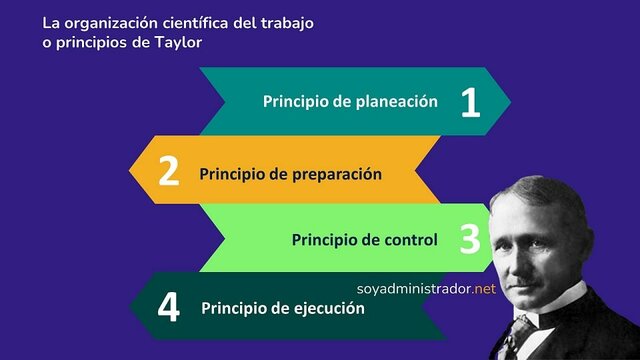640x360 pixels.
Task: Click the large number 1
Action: coord(470,103)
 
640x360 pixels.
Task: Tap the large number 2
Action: coord(169,172)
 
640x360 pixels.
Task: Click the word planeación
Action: coord(398,101)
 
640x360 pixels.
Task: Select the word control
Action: coord(411,240)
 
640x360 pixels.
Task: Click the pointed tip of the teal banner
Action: coord(510,101)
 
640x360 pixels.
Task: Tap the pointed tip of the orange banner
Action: coord(130,170)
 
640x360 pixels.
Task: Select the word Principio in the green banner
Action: coord(322,240)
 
